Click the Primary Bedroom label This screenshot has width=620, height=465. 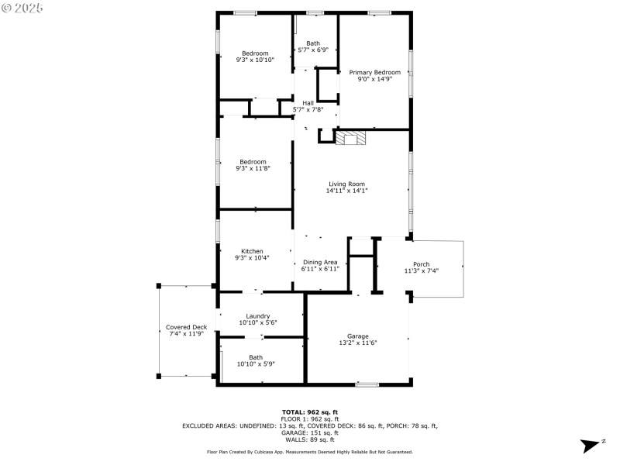374,71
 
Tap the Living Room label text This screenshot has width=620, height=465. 346,184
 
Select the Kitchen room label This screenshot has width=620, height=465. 252,251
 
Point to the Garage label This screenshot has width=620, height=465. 358,336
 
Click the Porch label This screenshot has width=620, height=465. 421,264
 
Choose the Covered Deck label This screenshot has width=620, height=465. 187,327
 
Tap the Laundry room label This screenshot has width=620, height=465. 258,315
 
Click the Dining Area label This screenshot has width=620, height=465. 320,262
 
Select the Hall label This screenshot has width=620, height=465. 308,102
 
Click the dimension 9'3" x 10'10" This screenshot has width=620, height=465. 255,60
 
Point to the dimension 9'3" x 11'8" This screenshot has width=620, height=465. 255,168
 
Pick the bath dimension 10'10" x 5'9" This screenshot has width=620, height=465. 256,363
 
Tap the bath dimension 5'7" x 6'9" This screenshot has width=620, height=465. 313,50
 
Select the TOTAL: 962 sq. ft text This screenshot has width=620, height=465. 309,412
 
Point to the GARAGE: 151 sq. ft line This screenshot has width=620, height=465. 309,432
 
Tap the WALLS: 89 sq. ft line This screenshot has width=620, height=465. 309,439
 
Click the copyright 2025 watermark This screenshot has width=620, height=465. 23,8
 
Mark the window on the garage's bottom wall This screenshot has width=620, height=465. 367,384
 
